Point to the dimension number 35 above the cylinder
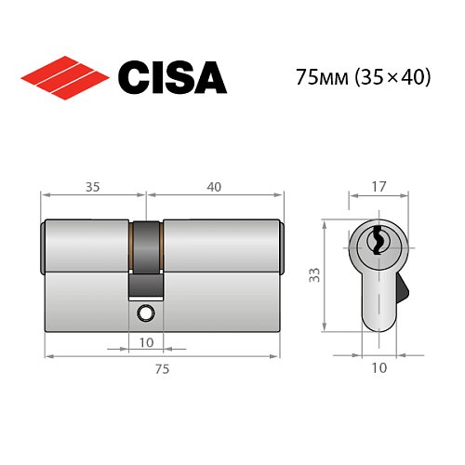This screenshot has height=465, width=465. (x=92, y=186)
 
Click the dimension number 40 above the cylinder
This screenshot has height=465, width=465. (x=214, y=186)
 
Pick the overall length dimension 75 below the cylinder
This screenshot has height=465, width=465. (x=162, y=369)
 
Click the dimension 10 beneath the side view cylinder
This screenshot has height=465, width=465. (x=145, y=342)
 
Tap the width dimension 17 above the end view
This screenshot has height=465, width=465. (x=378, y=186)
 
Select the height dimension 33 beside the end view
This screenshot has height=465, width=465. (x=314, y=275)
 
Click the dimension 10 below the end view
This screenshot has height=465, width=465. (x=379, y=369)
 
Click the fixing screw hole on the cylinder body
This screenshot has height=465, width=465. (x=145, y=313)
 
